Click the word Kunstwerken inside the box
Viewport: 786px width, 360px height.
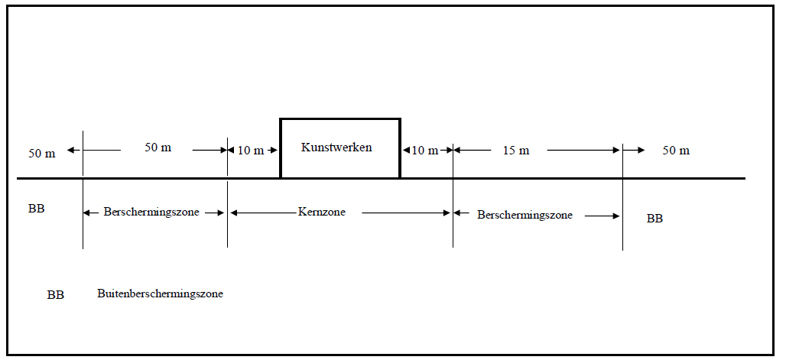tap(336, 148)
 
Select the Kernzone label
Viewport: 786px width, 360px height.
tap(322, 212)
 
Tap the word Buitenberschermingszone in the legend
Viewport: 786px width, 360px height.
tap(160, 294)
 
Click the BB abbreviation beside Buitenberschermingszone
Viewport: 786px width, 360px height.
tap(56, 295)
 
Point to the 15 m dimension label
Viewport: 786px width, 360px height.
tap(516, 151)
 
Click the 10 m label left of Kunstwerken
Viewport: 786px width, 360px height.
tap(251, 151)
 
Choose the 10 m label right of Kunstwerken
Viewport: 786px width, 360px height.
tap(425, 151)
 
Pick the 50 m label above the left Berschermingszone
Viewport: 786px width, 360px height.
tap(158, 148)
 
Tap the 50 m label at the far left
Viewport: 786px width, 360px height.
tap(42, 154)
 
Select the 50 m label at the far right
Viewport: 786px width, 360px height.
tap(676, 151)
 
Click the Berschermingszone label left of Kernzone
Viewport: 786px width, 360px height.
tap(151, 212)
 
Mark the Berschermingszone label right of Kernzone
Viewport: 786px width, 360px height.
tap(525, 215)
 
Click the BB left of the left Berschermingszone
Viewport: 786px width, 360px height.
tap(37, 209)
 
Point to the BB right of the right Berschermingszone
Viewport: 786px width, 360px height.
tap(654, 219)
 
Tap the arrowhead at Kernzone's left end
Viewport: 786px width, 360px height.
tap(234, 213)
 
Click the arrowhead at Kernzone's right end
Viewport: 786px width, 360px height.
tap(447, 213)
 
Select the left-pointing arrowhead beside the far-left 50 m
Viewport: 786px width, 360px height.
tap(70, 150)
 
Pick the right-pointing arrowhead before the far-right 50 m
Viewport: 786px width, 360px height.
tap(641, 150)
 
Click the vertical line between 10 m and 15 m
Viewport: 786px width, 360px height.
tap(453, 196)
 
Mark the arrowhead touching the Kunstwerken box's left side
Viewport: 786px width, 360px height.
tap(274, 150)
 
